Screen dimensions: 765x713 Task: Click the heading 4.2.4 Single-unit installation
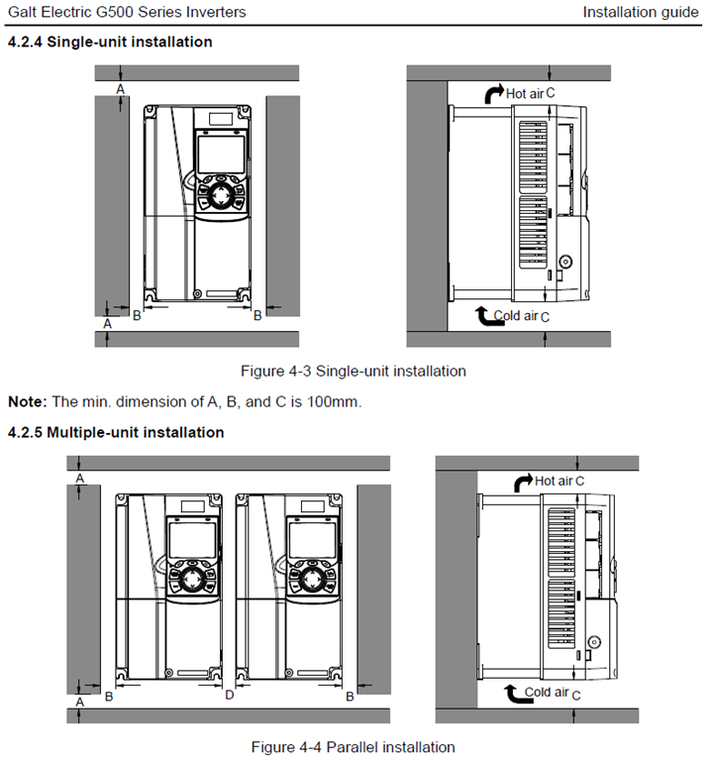(109, 42)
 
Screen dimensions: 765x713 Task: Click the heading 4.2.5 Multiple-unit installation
(115, 432)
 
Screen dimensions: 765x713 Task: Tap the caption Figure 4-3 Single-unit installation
(354, 372)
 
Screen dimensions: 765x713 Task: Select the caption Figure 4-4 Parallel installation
(353, 746)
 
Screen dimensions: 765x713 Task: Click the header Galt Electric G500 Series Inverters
(127, 13)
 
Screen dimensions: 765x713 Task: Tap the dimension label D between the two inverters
(229, 696)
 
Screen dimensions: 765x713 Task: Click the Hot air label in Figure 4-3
(525, 93)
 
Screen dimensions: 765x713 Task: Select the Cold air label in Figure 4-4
(546, 693)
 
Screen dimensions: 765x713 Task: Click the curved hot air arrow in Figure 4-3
(493, 93)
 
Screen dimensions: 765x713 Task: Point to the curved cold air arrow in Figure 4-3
(481, 316)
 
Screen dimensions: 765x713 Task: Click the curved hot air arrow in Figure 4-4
(522, 482)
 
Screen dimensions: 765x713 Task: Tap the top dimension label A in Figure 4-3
(121, 89)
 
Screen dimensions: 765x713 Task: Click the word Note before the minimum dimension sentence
(27, 402)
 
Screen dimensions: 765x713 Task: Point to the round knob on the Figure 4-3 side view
(565, 263)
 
